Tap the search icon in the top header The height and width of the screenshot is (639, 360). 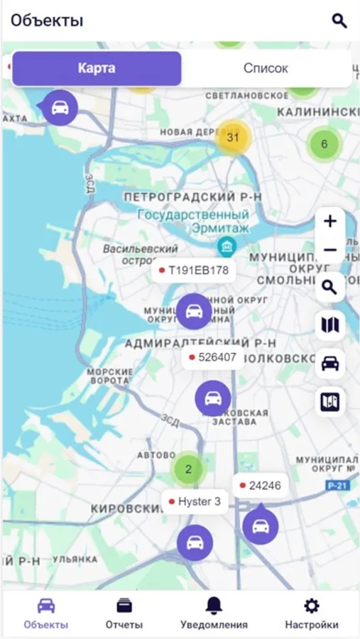tap(339, 21)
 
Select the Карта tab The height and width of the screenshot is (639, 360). tap(97, 69)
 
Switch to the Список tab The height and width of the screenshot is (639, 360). tap(266, 69)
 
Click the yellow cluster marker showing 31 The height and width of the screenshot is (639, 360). tap(232, 138)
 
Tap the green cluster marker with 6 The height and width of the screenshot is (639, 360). tap(324, 145)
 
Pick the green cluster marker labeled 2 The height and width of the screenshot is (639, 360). tap(188, 469)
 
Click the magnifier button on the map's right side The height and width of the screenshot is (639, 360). tap(329, 287)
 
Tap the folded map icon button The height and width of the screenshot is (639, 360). tap(329, 325)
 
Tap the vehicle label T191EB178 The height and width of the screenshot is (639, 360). tap(193, 271)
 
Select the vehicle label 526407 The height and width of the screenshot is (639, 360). tap(212, 357)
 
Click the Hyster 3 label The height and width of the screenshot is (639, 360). tap(194, 502)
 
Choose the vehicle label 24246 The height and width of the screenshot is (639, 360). tap(260, 486)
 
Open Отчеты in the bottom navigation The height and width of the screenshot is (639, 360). tap(124, 613)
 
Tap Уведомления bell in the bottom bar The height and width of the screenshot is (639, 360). tap(214, 613)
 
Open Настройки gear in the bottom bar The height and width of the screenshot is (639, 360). tap(312, 613)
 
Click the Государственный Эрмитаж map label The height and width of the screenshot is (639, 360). tap(193, 221)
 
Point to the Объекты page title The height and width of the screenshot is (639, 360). tap(47, 21)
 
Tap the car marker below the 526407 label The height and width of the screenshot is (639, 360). tap(213, 398)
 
